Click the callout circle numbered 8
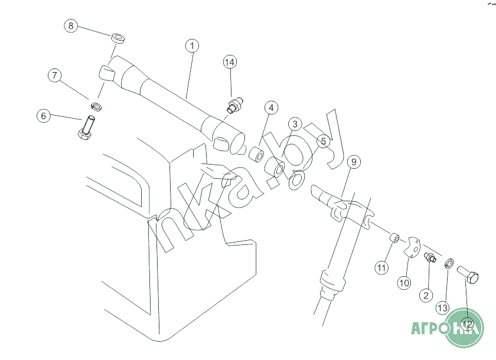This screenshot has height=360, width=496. (71, 25)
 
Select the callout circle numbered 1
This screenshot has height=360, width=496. (192, 46)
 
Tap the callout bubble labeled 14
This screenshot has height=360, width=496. (230, 62)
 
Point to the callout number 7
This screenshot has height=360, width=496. (55, 76)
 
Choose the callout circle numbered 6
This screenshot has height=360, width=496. (44, 116)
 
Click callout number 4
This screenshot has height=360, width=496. (271, 108)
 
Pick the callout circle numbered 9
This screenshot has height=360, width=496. (354, 162)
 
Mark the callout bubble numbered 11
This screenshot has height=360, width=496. (381, 268)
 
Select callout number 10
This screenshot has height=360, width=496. (404, 283)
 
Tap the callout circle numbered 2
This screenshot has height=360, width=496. (426, 296)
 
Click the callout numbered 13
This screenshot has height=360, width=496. (442, 307)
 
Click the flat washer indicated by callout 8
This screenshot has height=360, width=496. (118, 38)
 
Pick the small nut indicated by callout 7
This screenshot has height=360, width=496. (96, 106)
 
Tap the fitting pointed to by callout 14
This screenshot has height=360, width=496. (235, 104)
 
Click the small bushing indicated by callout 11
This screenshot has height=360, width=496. (394, 238)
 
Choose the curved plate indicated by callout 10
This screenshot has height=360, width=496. (412, 247)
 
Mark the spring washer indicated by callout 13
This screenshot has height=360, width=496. (449, 263)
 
